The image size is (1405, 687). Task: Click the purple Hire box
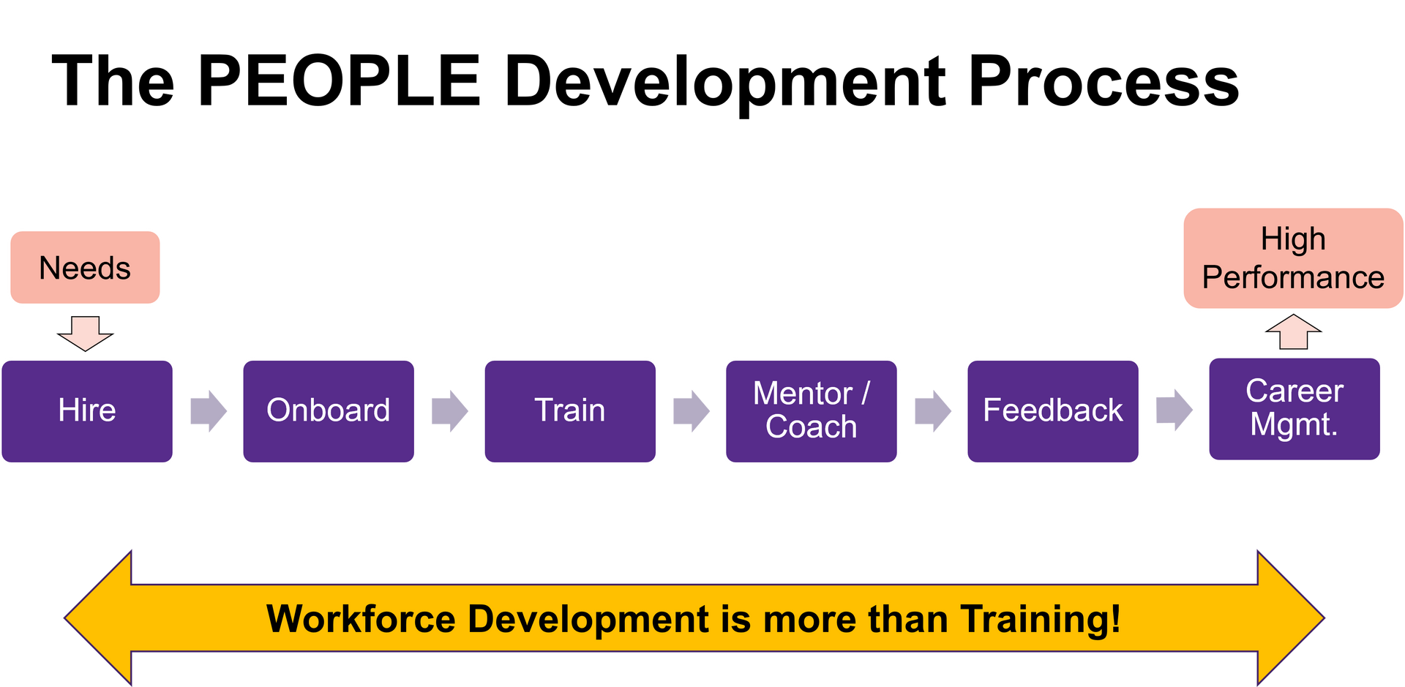point(88,411)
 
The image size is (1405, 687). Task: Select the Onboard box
point(329,411)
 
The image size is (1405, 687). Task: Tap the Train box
point(570,411)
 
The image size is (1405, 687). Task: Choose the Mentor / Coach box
point(811,411)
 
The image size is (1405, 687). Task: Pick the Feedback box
point(1052,411)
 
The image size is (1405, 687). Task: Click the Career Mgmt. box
point(1294,409)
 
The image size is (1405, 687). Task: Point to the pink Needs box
point(85,268)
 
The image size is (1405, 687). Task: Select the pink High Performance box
point(1292,258)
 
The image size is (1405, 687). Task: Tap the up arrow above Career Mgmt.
point(1293,332)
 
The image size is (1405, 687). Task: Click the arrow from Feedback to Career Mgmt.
point(1174,410)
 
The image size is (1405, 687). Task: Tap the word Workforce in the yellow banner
point(361,619)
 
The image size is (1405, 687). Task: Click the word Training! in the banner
point(1040,619)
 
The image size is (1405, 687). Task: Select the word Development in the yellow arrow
point(588,619)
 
